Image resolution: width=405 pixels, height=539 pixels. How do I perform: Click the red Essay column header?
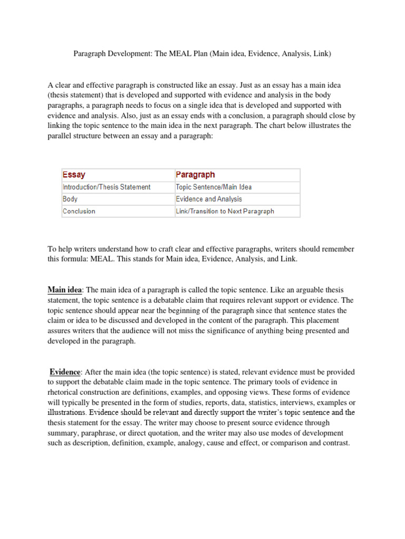point(74,175)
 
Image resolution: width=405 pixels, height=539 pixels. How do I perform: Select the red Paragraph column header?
point(195,175)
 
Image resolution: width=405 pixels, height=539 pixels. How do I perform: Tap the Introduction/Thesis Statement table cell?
point(107,187)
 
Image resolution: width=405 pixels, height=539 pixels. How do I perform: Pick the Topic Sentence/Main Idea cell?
point(214,187)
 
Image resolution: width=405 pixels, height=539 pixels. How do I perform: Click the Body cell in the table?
point(70,199)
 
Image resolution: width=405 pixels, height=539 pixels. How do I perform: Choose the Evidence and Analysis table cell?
point(209,199)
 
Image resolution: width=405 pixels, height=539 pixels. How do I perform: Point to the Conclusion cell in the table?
point(79,211)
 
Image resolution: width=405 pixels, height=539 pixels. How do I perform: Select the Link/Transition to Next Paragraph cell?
point(225,211)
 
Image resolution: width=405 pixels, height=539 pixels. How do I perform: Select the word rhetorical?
point(66,392)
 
